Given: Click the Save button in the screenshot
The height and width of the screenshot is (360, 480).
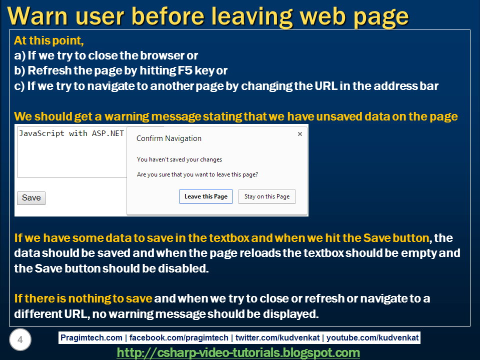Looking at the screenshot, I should [x=31, y=197].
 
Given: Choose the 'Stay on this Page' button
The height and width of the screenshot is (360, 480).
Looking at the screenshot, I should [x=267, y=196].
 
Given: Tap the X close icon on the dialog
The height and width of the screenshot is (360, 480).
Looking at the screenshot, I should [x=299, y=134].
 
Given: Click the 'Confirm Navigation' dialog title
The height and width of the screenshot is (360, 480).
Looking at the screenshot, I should [x=169, y=138].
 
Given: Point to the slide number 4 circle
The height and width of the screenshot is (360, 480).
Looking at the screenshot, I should [x=20, y=340].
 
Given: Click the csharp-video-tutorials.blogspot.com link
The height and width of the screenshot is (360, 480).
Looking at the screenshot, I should [x=238, y=353].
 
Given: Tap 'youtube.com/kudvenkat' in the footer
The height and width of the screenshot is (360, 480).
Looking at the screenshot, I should [x=379, y=338].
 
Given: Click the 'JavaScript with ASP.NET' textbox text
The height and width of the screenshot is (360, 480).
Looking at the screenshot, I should [x=71, y=133].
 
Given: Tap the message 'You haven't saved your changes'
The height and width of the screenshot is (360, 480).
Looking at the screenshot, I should [x=179, y=159].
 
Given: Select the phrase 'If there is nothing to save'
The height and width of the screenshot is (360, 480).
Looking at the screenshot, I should [x=83, y=299].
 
